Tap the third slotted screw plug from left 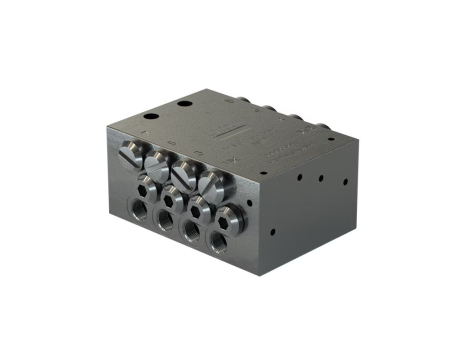coord(186,172)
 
